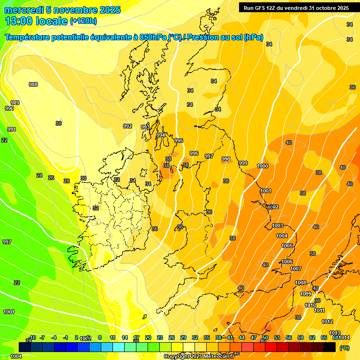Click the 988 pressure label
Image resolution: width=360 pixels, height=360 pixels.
coord(33,84)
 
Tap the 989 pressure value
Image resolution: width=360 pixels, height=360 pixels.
coord(15,103)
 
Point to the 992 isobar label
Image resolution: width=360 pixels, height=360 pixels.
coord(127,126)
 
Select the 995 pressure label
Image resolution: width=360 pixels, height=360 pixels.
coord(179,141)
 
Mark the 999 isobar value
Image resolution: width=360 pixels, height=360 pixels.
coord(243,163)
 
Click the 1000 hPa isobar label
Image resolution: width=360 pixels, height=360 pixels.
coord(262,166)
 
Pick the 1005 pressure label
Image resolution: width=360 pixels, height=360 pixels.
coord(287,246)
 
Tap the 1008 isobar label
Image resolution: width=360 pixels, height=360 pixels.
coord(300,283)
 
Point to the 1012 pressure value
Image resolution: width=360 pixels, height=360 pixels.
coord(327,322)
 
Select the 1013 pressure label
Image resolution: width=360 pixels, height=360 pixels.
coord(334,333)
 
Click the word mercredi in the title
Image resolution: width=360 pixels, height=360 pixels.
coord(23,10)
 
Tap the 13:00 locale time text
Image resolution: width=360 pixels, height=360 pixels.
coord(36,21)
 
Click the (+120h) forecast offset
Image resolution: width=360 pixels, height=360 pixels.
coord(83,21)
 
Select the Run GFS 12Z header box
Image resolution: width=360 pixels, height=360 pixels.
coord(296,7)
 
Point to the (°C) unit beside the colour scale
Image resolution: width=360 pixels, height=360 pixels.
coord(344,348)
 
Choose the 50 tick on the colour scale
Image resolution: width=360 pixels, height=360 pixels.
coord(265,337)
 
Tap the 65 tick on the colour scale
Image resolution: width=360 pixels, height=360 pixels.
coord(324,337)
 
